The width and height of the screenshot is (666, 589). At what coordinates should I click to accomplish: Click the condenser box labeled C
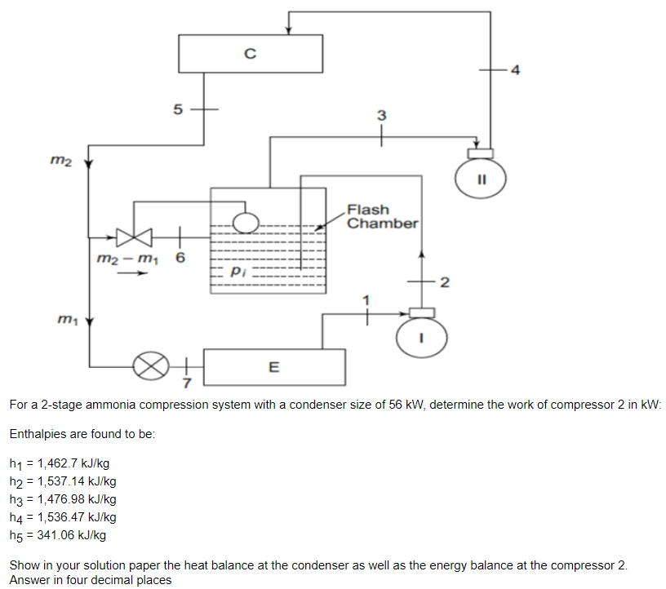(250, 54)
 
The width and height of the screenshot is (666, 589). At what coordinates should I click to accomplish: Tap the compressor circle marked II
(482, 178)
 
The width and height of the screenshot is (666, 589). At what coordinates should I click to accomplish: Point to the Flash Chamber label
(382, 216)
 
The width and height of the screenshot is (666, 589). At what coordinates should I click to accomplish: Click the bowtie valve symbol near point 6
(134, 238)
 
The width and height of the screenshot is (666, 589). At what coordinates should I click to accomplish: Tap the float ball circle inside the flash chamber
(245, 222)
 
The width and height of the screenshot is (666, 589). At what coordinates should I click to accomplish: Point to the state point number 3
(380, 115)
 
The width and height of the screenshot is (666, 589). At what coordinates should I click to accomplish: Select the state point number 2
(443, 283)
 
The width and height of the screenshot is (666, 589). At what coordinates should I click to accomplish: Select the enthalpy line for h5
(58, 535)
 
